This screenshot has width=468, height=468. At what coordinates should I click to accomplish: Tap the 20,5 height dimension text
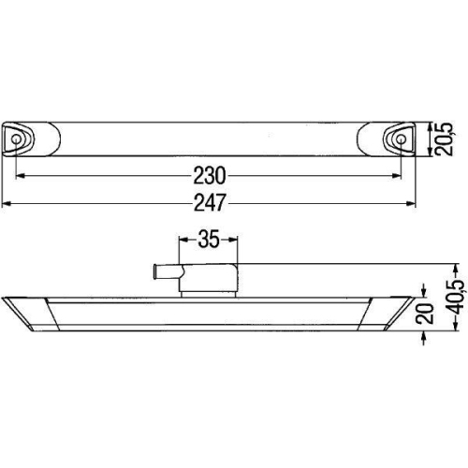click(x=447, y=141)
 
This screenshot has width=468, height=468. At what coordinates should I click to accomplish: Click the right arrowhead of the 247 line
click(x=412, y=202)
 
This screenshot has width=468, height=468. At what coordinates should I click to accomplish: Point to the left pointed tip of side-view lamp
click(x=6, y=298)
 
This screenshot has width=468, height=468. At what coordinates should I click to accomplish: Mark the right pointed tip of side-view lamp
click(x=412, y=298)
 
